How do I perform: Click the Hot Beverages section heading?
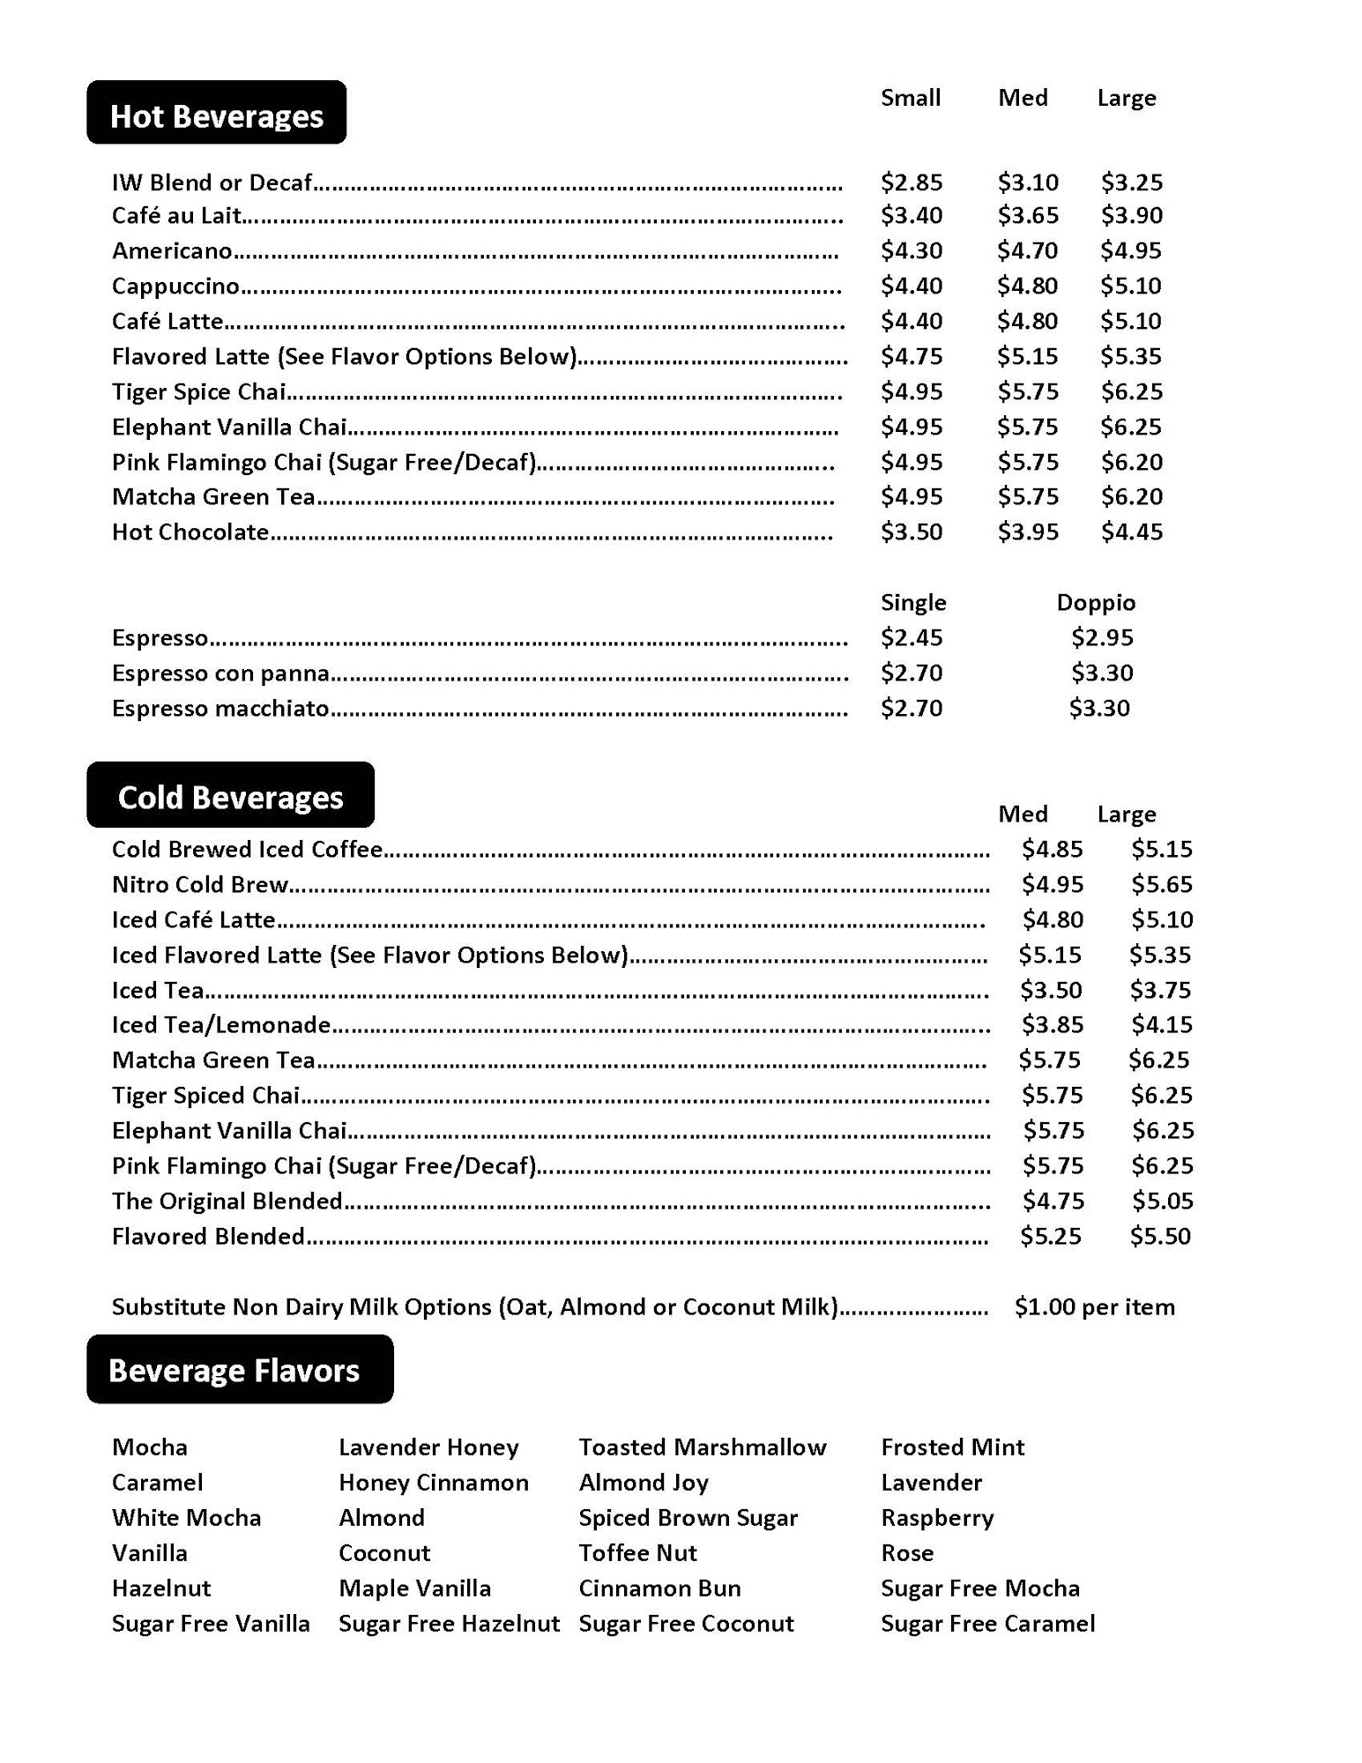pos(216,115)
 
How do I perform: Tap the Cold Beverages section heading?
pos(230,797)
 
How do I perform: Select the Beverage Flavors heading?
pos(234,1370)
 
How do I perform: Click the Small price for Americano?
pos(912,251)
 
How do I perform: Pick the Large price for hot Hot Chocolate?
pos(1131,532)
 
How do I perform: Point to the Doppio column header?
pos(1096,603)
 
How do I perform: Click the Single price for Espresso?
pos(912,637)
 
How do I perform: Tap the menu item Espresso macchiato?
pos(220,709)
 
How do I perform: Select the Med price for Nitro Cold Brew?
pos(1052,884)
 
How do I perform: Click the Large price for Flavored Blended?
pos(1160,1236)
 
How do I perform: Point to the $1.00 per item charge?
pos(1094,1306)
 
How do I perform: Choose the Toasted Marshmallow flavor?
pos(703,1447)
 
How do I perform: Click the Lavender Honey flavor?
pos(428,1447)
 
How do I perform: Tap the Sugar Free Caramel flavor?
pos(987,1624)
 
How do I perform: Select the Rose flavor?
pos(907,1553)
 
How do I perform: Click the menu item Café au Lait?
pos(176,216)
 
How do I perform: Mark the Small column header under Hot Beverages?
pos(911,98)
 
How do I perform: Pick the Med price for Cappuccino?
pos(1027,286)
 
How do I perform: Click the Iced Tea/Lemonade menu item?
pos(220,1025)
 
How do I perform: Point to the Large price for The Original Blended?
pos(1162,1201)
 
